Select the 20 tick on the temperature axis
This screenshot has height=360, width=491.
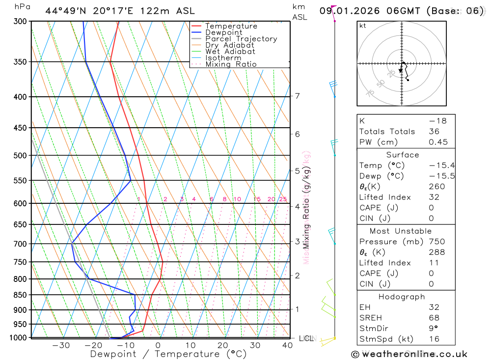[x=223, y=345]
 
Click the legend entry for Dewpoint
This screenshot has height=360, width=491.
[x=223, y=32]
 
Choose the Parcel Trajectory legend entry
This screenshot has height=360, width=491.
[x=241, y=39]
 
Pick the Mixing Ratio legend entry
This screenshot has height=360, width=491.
[x=231, y=64]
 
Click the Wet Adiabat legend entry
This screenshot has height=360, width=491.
[x=230, y=52]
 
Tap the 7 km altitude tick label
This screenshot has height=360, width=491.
[x=298, y=96]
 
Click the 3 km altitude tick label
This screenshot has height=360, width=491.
[x=298, y=241]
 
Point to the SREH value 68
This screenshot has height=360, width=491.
[x=434, y=318]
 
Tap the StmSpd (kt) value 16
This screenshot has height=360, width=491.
[x=434, y=339]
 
